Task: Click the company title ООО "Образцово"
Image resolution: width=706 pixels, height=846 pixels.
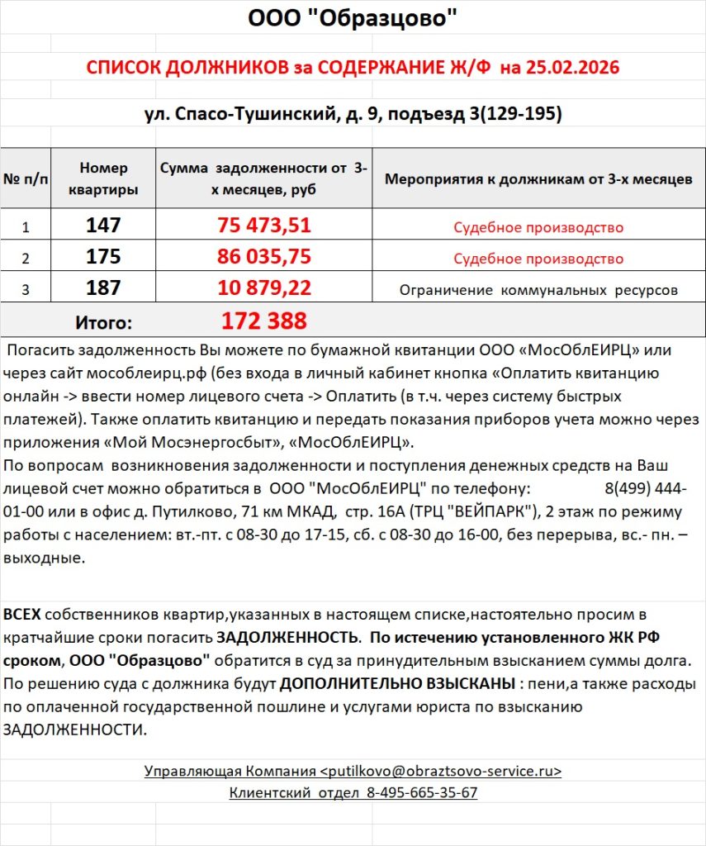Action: pyautogui.click(x=353, y=18)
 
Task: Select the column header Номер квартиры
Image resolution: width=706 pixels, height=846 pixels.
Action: pyautogui.click(x=104, y=178)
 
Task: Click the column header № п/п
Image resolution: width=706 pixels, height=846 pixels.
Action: pyautogui.click(x=26, y=179)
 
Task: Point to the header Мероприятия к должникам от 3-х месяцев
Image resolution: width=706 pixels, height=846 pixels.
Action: pyautogui.click(x=538, y=179)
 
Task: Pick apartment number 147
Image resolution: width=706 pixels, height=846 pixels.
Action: pyautogui.click(x=104, y=226)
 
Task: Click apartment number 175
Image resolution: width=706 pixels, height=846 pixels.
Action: pyautogui.click(x=104, y=257)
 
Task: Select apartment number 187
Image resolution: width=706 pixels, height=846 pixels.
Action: pyautogui.click(x=104, y=288)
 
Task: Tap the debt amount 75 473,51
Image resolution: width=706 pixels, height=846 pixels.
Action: pyautogui.click(x=264, y=226)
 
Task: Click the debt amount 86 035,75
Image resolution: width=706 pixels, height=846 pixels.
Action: pyautogui.click(x=264, y=257)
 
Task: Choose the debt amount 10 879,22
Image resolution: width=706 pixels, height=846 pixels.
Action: pyautogui.click(x=264, y=288)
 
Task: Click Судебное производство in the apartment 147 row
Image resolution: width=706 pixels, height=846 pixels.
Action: pyautogui.click(x=538, y=227)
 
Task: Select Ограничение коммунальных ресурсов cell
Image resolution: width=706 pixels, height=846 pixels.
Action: pyautogui.click(x=538, y=290)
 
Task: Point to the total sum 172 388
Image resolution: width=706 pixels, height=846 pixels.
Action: pyautogui.click(x=264, y=321)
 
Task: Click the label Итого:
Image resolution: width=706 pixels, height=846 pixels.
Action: pyautogui.click(x=104, y=321)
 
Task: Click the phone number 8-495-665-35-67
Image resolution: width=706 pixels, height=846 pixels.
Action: pyautogui.click(x=423, y=792)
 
